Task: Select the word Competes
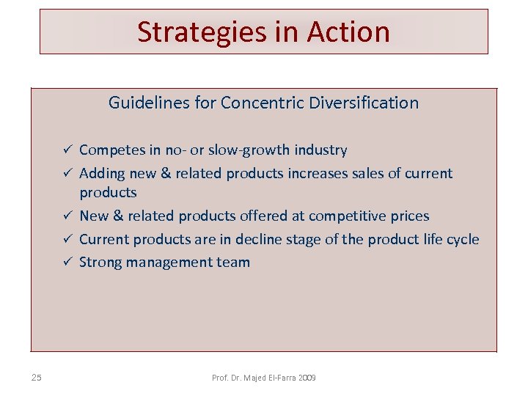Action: tap(111, 150)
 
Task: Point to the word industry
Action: tap(320, 150)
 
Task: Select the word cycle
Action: tap(463, 240)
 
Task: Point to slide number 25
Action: tap(37, 378)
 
